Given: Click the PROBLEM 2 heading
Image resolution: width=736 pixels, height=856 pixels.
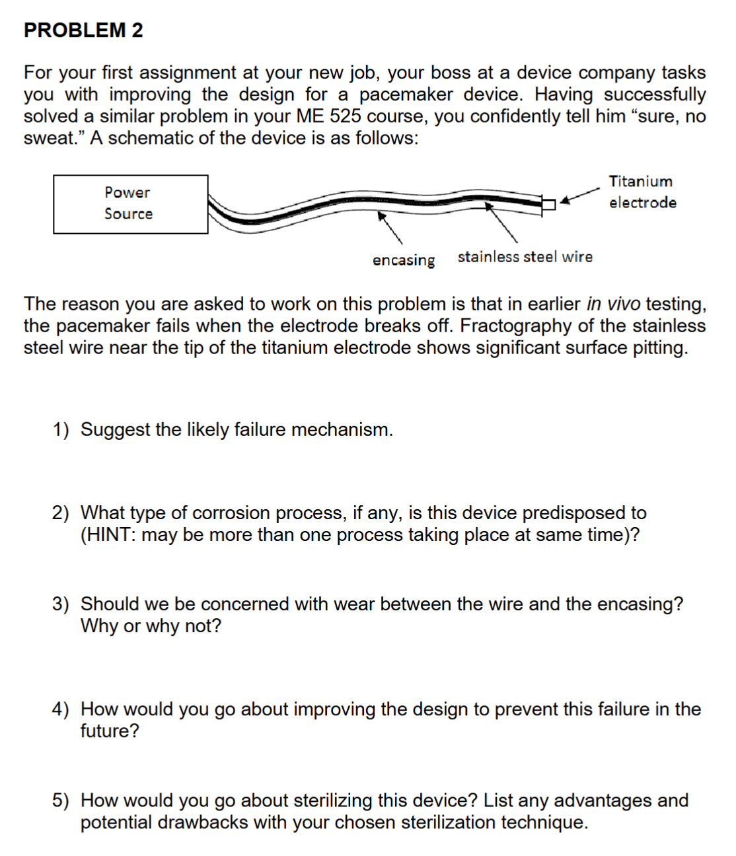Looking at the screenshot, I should (83, 30).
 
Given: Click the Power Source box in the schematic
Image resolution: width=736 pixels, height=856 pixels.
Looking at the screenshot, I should (130, 203).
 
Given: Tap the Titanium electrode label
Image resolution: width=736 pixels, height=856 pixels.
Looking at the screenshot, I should (642, 192).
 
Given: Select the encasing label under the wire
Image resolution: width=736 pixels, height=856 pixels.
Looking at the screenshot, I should (403, 260).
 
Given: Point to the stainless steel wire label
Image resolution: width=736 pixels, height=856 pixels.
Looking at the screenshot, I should (525, 257).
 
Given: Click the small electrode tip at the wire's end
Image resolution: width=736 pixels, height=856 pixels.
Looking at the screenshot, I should (548, 203).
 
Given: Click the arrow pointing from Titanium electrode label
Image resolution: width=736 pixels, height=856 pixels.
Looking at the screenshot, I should (579, 194).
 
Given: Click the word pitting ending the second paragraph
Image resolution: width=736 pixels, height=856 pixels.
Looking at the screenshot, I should (660, 348).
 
